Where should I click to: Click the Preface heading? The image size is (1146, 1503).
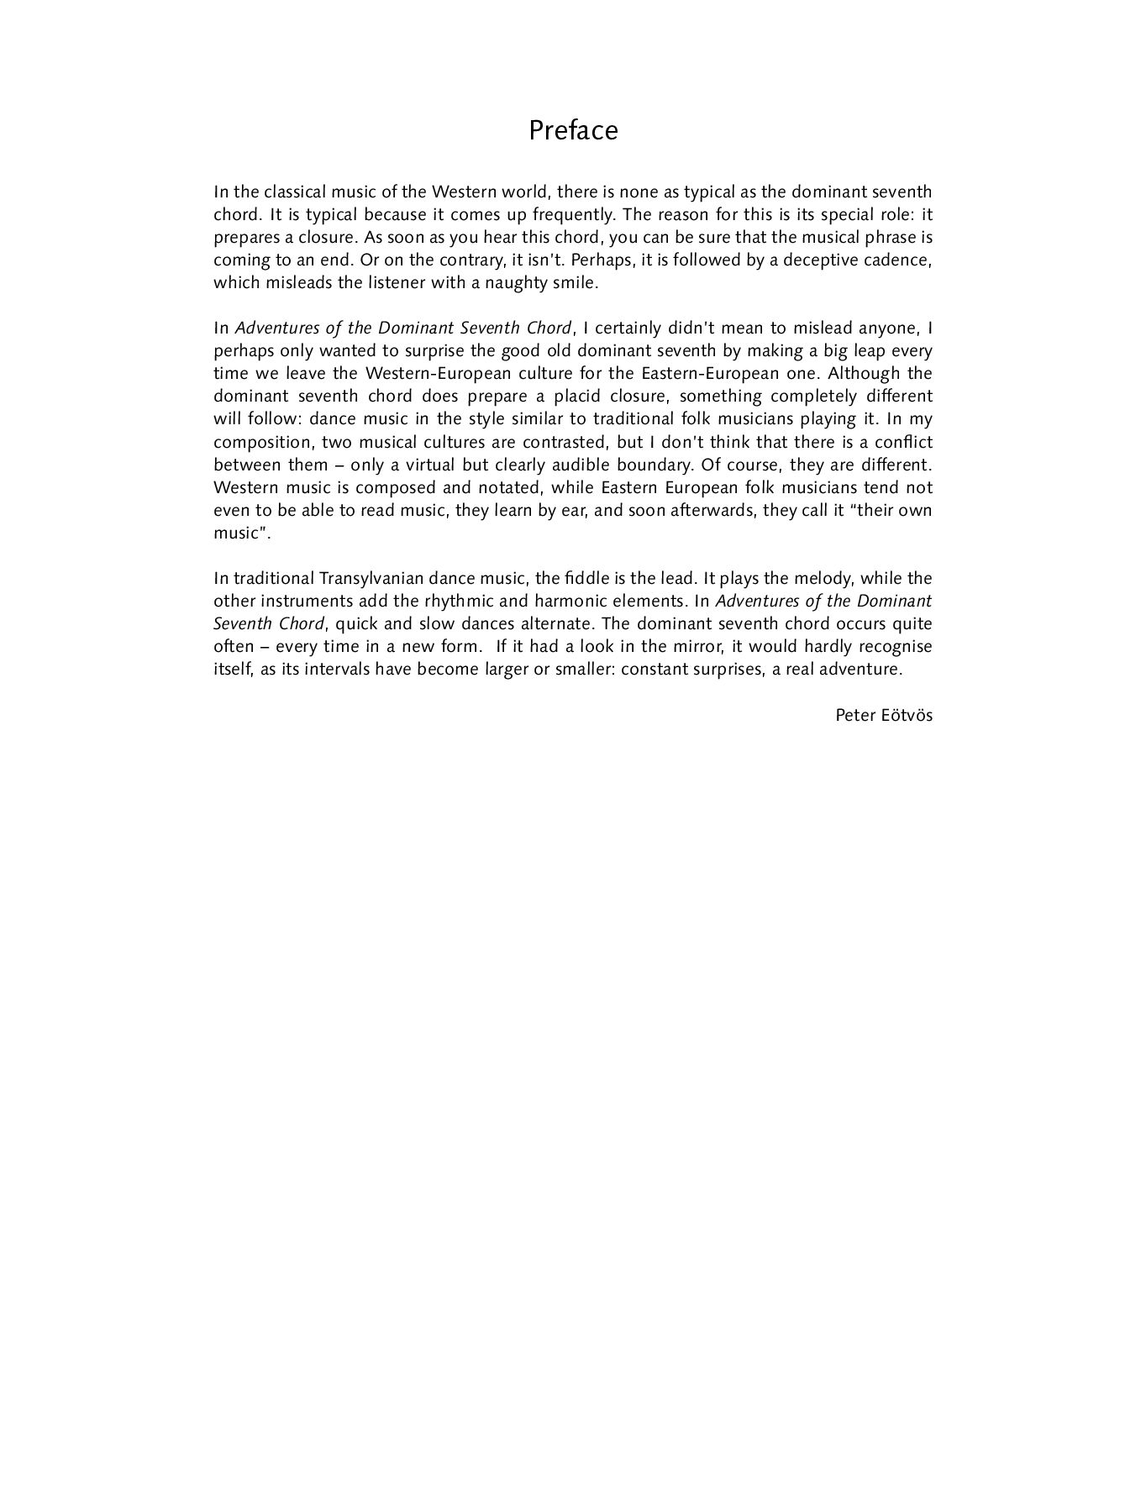573,131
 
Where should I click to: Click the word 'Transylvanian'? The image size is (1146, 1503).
371,578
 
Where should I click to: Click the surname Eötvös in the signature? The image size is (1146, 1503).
907,715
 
